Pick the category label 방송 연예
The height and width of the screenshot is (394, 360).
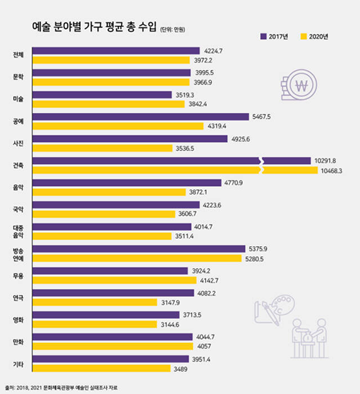click(x=18, y=254)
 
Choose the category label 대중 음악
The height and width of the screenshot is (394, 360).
click(x=18, y=231)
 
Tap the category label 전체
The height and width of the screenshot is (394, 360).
click(x=18, y=55)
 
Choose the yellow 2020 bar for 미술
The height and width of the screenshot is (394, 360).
click(x=109, y=104)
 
